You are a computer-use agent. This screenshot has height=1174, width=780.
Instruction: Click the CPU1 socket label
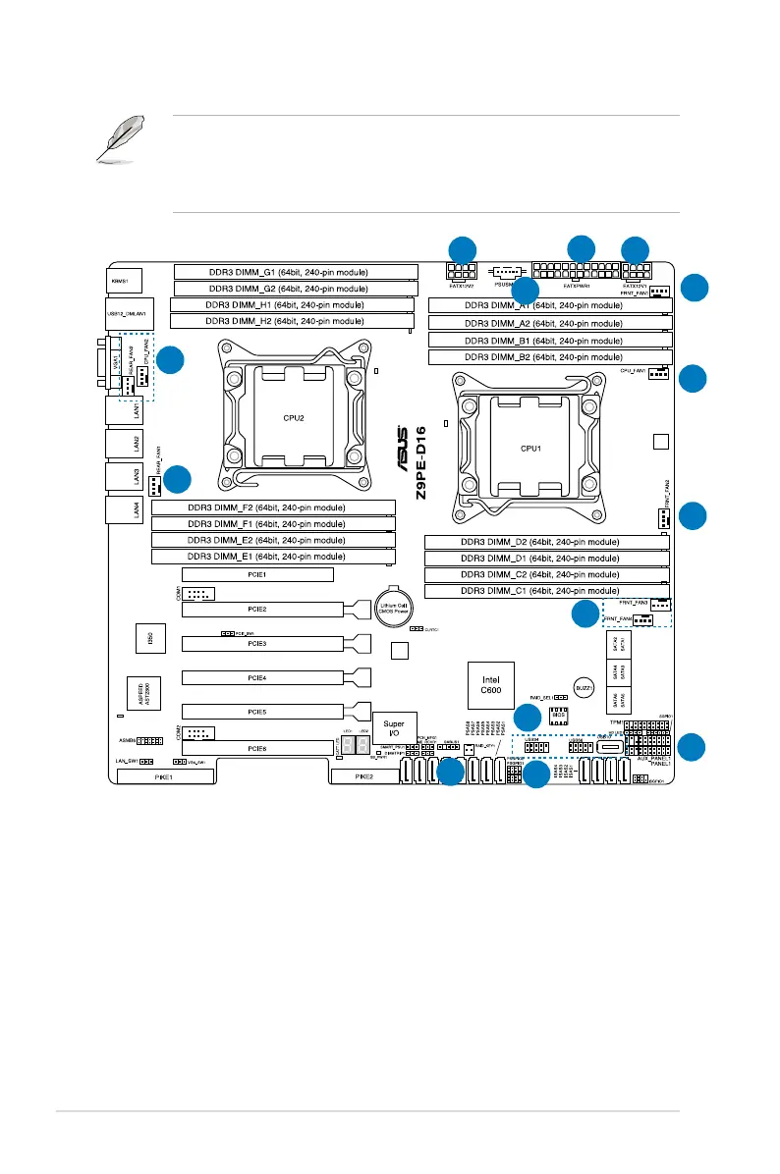pyautogui.click(x=531, y=448)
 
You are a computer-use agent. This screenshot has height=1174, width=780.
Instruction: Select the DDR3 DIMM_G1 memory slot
pyautogui.click(x=295, y=272)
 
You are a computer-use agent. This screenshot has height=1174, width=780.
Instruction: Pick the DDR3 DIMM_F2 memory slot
pyautogui.click(x=273, y=507)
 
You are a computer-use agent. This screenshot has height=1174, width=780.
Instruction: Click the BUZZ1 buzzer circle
pyautogui.click(x=584, y=690)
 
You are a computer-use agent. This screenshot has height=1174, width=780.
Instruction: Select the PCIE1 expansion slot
pyautogui.click(x=257, y=574)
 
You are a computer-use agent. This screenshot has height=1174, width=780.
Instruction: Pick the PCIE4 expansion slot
pyautogui.click(x=257, y=677)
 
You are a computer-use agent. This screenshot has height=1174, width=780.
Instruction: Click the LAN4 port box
pyautogui.click(x=126, y=508)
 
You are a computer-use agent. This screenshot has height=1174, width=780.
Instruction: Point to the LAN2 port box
pyautogui.click(x=126, y=441)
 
